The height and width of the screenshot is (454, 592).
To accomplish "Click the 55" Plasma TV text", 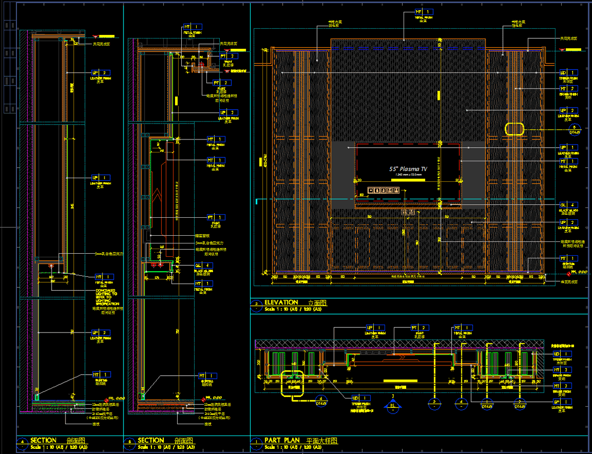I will pos(408,169).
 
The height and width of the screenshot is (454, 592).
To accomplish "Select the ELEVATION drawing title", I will pos(281,303).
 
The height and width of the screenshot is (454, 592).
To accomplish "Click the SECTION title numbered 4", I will pos(43,441).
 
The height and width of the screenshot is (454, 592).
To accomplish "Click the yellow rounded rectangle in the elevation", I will pos(514,129).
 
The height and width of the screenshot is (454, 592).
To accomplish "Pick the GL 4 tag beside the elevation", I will pos(569,204).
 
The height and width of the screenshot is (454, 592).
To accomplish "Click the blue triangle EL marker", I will pos(393,405).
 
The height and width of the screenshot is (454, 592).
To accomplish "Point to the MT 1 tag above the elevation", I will pos(423,11).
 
